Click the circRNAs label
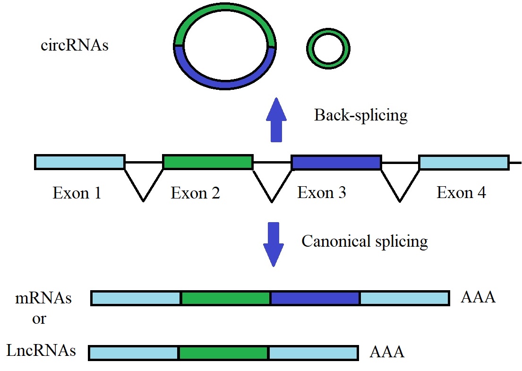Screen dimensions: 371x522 (x=75, y=46)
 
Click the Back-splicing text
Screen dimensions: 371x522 (x=360, y=115)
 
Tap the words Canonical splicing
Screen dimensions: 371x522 (x=365, y=242)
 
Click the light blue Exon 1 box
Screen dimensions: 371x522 (x=80, y=162)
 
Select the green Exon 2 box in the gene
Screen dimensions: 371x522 (x=208, y=162)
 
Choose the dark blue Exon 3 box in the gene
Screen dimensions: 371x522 (x=336, y=162)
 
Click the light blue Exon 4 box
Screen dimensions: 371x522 (x=464, y=162)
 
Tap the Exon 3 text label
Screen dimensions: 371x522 (x=322, y=193)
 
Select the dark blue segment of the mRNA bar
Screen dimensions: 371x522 (x=315, y=298)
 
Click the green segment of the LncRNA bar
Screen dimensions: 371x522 (x=223, y=353)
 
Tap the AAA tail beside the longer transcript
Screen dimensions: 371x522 (x=478, y=297)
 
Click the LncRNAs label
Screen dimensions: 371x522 (x=41, y=351)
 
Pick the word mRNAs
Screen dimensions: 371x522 (x=43, y=299)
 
